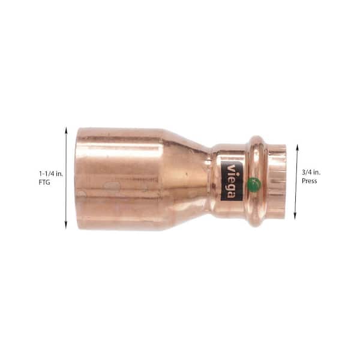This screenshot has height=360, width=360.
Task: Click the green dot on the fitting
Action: pos(254,184)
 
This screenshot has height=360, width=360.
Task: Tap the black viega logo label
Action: pos(232,181)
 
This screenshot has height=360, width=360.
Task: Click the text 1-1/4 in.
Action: pos(51,174)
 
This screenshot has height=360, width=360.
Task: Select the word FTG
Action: pos(44,183)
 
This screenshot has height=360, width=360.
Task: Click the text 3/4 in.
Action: pos(311,172)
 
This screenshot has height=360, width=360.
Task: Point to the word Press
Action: pos(309,181)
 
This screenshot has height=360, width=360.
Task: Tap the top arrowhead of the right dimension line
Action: pos(297,148)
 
